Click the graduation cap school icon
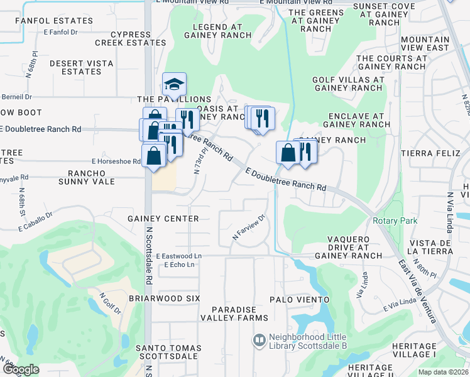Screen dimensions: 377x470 pos(175,85)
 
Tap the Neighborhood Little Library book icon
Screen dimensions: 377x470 pos(258,341)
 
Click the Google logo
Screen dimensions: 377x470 pos(21,369)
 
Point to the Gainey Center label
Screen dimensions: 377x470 pos(163,219)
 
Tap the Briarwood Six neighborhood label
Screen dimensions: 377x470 pos(164,298)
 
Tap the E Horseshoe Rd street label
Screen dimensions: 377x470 pos(116,161)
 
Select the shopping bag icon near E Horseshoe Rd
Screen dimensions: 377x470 pos(153,155)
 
